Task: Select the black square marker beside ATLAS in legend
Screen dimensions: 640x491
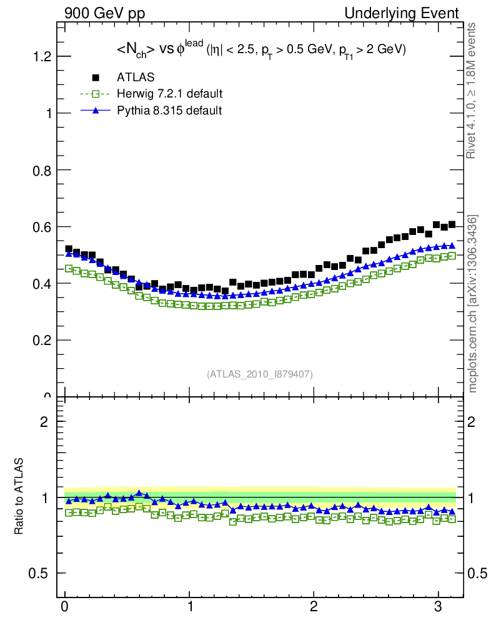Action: click(x=96, y=77)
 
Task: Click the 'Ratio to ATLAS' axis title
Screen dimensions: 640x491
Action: click(x=19, y=496)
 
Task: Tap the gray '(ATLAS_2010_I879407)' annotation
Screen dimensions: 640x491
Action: click(x=260, y=374)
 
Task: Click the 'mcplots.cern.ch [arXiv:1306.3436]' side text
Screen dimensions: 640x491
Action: click(x=474, y=304)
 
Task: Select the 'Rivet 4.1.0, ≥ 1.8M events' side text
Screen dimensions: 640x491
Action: click(x=474, y=91)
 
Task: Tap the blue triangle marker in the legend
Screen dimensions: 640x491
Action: click(x=96, y=111)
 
